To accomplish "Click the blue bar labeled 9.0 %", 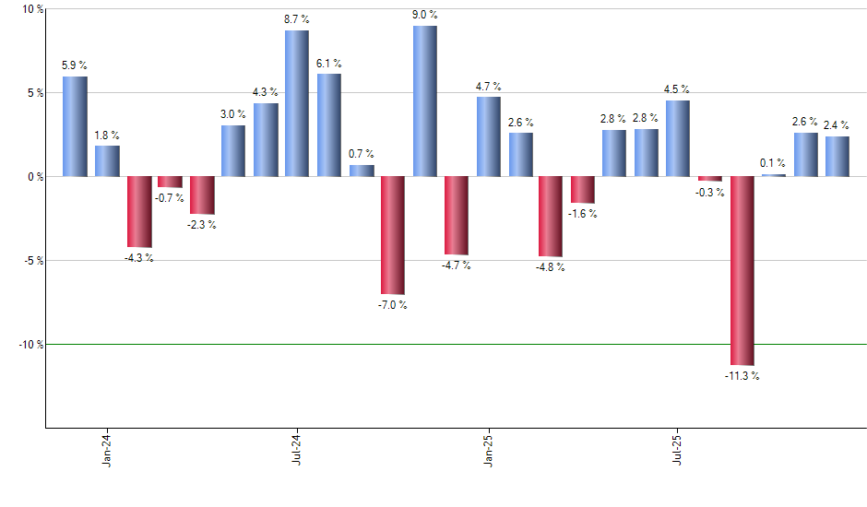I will [424, 100].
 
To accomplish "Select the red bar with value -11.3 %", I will [742, 270].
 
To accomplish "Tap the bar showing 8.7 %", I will [297, 103].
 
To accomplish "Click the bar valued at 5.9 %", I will [75, 126].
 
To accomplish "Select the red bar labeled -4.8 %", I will [551, 216].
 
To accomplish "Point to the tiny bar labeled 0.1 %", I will [774, 175].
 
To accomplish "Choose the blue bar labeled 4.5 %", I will [678, 138].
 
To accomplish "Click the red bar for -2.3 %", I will [202, 195].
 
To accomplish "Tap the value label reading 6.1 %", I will [329, 64].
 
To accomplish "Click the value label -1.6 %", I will [583, 214].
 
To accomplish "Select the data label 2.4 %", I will [837, 126].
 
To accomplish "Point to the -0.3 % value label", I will [710, 193].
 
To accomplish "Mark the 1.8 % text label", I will [107, 136].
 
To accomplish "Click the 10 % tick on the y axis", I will [32, 9].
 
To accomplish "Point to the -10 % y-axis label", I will [30, 344].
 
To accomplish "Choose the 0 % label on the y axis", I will [35, 176].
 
